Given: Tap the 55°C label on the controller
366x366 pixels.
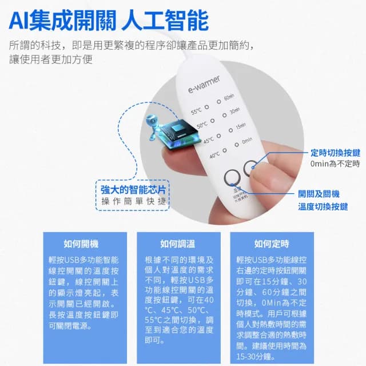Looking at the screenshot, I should click(196, 112).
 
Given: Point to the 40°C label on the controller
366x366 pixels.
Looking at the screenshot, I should click(214, 154).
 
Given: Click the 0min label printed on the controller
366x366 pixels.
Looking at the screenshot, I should click(247, 140).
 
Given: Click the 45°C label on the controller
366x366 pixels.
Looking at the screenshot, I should click(209, 140).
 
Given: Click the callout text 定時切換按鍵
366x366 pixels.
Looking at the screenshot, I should click(335, 153).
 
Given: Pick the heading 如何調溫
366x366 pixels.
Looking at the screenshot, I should click(177, 243).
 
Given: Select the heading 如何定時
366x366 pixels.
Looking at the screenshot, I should click(272, 243).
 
